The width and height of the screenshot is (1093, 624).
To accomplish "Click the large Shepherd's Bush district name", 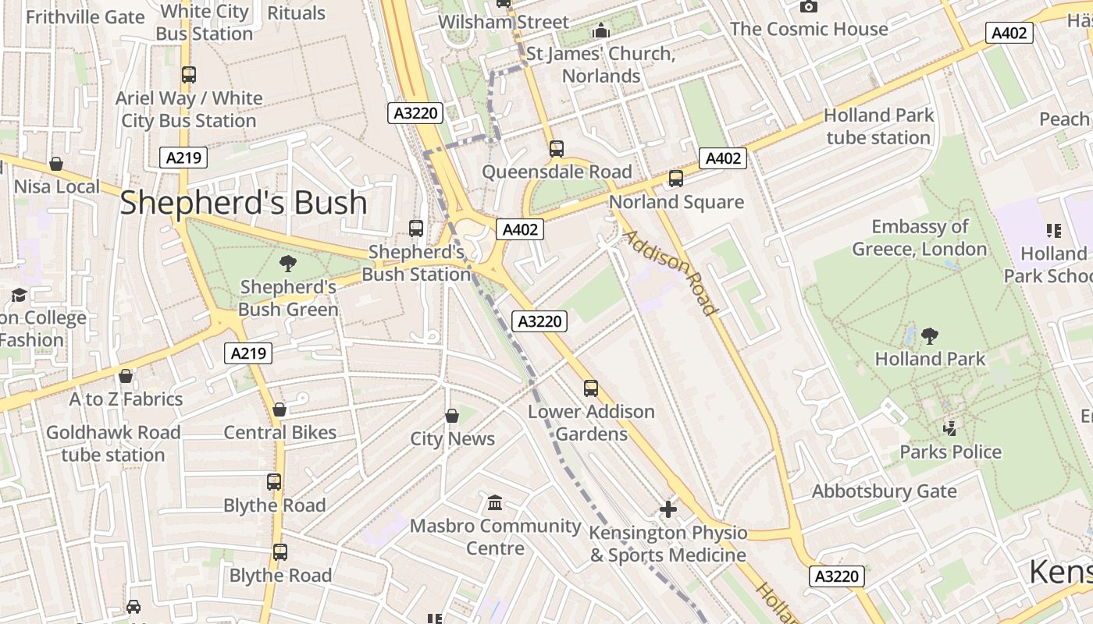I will [243, 203].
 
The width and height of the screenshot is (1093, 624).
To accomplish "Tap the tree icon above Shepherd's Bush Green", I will [287, 264].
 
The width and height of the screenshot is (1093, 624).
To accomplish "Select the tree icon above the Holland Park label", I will [929, 336].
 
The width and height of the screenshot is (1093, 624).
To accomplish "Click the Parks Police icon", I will [950, 428].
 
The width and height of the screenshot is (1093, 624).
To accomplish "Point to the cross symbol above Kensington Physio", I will [668, 509].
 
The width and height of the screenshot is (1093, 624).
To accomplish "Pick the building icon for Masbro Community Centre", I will [495, 502].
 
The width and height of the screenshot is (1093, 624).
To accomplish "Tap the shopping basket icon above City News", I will [451, 416].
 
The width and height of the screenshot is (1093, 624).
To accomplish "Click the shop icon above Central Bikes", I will [279, 409].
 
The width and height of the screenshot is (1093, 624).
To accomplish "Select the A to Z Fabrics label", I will [126, 399].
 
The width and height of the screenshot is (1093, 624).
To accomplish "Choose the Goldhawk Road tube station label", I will [113, 443].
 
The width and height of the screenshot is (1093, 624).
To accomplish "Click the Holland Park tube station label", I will [878, 126].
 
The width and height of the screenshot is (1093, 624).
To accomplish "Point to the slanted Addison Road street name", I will [669, 272].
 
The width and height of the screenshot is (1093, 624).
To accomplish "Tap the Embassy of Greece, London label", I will [920, 238].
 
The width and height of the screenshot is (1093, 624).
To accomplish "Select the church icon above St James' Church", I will [601, 31].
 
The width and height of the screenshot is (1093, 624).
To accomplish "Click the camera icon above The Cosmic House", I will [809, 7].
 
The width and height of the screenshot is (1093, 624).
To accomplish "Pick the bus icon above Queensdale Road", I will [557, 148].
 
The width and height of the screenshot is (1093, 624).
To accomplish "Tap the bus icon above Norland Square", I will [676, 179].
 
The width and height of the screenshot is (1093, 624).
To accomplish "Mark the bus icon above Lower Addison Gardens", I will [591, 388].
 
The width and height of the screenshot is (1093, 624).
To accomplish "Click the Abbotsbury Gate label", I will [884, 491].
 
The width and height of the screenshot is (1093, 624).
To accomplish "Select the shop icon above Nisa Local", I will [56, 164].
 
